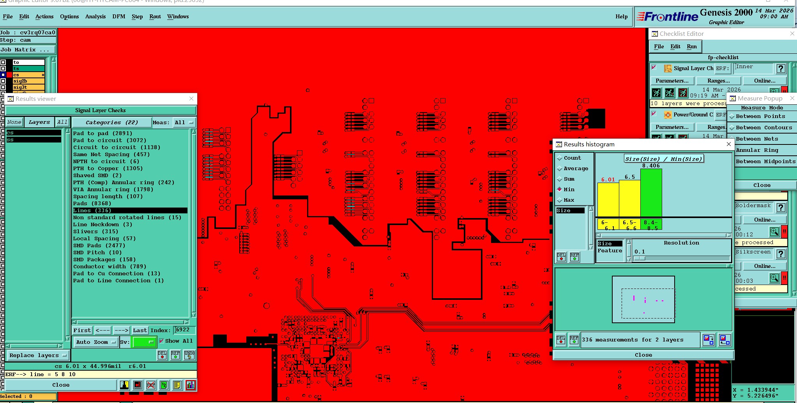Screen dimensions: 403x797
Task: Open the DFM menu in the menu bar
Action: tap(118, 16)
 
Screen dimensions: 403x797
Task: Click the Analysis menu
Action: tap(95, 16)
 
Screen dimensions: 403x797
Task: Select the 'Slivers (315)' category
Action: tap(95, 231)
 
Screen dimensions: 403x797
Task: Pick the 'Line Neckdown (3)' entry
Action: tap(102, 224)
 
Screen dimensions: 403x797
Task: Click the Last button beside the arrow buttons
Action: tap(140, 330)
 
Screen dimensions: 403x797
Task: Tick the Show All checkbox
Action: tap(161, 341)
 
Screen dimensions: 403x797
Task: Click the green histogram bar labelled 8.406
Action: tap(651, 193)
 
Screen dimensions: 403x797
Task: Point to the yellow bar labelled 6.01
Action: tap(608, 199)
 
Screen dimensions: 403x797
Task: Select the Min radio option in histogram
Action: tap(560, 189)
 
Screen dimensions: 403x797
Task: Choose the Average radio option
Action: tap(560, 168)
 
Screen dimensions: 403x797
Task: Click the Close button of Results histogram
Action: tap(643, 355)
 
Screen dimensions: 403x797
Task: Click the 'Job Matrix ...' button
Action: tap(27, 49)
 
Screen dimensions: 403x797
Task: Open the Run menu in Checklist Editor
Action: tap(692, 46)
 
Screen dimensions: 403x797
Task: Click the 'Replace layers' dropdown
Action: tap(38, 355)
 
